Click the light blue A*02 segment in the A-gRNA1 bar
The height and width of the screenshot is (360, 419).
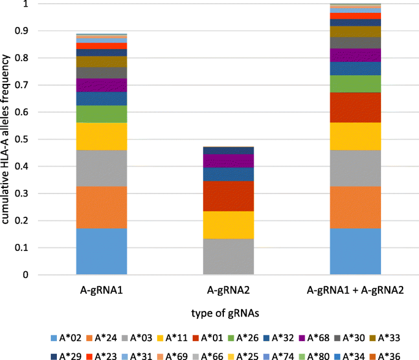click(x=102, y=252)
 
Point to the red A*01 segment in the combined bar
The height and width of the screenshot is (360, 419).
click(x=355, y=108)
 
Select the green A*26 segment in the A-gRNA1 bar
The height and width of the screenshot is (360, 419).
click(x=102, y=114)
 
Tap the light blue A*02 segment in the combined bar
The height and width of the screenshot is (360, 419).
click(x=355, y=252)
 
